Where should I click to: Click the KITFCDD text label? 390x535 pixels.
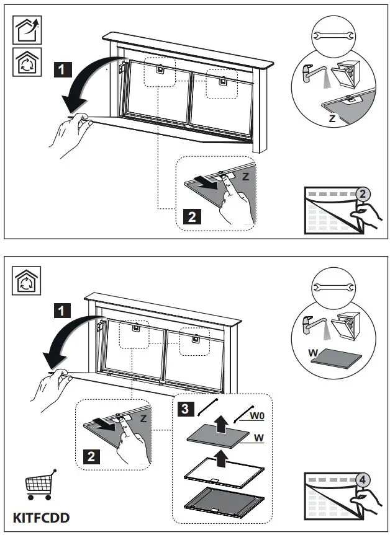(x=40, y=516)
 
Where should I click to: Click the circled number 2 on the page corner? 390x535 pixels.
(x=363, y=194)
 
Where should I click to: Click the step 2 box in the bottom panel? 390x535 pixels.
(x=91, y=458)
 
